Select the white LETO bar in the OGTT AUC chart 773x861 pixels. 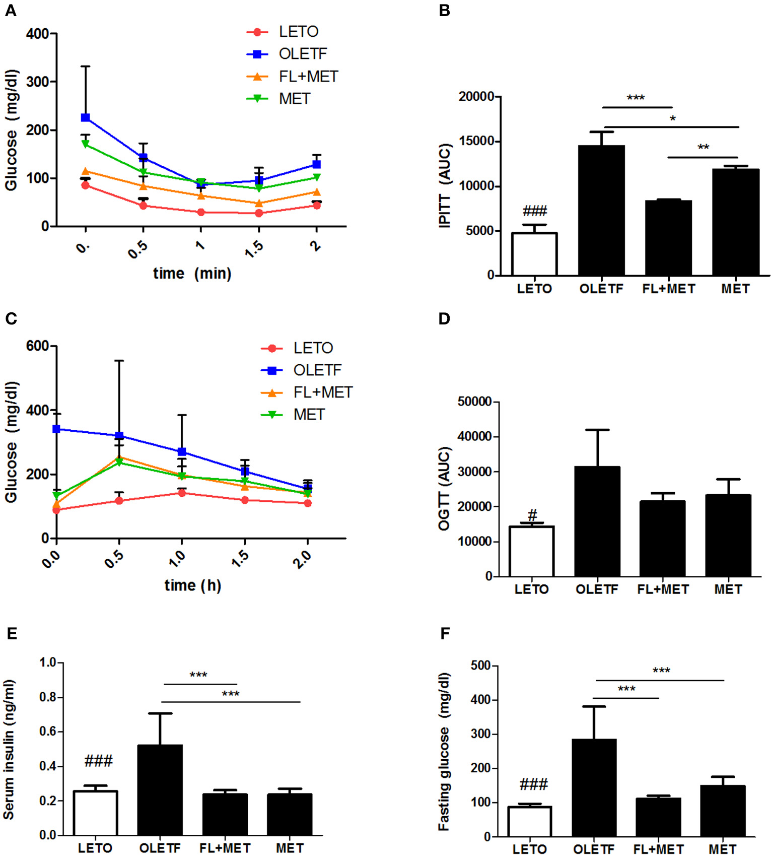pyautogui.click(x=531, y=551)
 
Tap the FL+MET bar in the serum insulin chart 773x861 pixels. pyautogui.click(x=225, y=815)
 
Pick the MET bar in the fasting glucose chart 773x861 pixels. pyautogui.click(x=722, y=811)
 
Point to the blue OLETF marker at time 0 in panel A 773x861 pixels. pyautogui.click(x=86, y=118)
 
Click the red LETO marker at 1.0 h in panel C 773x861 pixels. pyautogui.click(x=182, y=493)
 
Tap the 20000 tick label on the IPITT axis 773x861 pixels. pyautogui.click(x=476, y=96)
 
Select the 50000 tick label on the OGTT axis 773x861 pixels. pyautogui.click(x=474, y=402)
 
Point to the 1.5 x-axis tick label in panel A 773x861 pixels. pyautogui.click(x=254, y=249)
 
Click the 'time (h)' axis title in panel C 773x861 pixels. pyautogui.click(x=192, y=585)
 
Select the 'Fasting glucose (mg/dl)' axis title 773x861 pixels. pyautogui.click(x=443, y=751)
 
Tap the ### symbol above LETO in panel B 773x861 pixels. pyautogui.click(x=534, y=211)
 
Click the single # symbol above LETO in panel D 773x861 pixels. pyautogui.click(x=532, y=515)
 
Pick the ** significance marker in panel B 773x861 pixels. pyautogui.click(x=703, y=148)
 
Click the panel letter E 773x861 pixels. pyautogui.click(x=11, y=634)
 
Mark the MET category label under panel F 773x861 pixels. pyautogui.click(x=722, y=849)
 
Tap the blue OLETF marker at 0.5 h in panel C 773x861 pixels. pyautogui.click(x=119, y=436)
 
